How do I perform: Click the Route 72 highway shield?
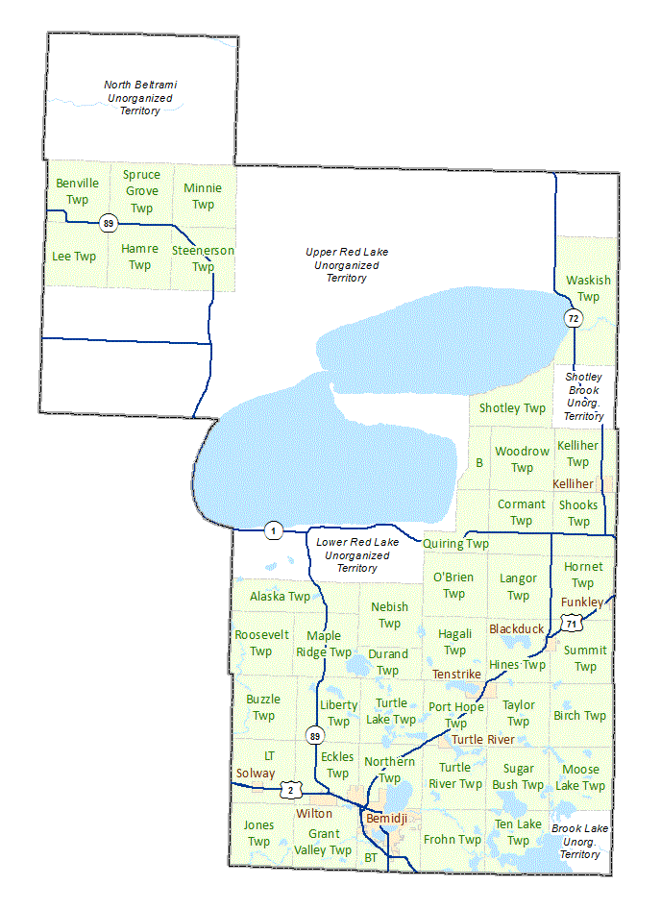(x=574, y=318)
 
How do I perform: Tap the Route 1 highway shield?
(x=274, y=530)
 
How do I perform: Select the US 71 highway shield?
(x=573, y=625)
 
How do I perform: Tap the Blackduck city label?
(x=516, y=628)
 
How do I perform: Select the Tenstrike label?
(x=456, y=675)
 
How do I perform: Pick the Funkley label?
(x=582, y=602)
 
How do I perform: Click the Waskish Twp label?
(x=588, y=288)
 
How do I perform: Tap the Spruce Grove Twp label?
(x=141, y=191)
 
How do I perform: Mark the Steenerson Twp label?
(x=203, y=258)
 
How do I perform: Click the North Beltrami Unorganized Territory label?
(x=140, y=98)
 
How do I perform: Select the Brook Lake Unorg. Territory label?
(x=580, y=841)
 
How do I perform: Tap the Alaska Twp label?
(x=280, y=597)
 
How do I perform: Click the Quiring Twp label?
(x=456, y=544)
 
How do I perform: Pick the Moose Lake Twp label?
(x=580, y=777)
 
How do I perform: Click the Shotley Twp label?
(x=512, y=408)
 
